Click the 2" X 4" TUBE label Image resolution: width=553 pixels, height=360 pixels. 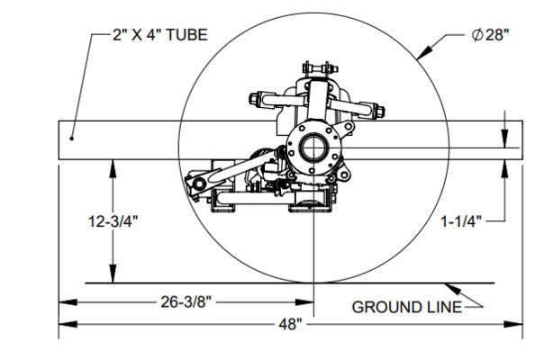click(x=160, y=35)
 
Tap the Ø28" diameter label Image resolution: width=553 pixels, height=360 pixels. click(x=491, y=35)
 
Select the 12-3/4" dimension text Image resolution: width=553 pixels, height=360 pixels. click(x=113, y=221)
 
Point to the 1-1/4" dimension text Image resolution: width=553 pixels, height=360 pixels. click(x=461, y=221)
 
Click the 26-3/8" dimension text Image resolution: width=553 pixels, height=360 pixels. click(x=186, y=301)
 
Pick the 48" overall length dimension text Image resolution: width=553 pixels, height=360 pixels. click(x=290, y=324)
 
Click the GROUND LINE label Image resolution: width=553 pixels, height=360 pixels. click(x=406, y=307)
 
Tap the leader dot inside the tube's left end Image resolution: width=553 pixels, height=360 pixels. click(x=71, y=139)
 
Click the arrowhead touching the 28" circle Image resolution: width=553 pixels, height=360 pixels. click(x=424, y=52)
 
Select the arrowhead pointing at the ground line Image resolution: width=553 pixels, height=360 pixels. click(x=453, y=289)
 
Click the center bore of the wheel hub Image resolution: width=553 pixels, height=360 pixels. click(x=312, y=148)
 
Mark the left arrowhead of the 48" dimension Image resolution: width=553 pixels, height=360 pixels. click(x=68, y=324)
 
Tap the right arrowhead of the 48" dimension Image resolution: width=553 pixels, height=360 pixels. click(x=513, y=324)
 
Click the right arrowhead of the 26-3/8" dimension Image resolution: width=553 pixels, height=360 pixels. click(x=304, y=302)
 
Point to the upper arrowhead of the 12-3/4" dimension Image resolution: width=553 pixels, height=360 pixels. click(x=113, y=168)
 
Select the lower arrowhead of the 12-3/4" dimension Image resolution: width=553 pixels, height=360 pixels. click(x=113, y=274)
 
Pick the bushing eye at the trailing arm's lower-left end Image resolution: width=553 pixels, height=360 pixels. click(x=198, y=184)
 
